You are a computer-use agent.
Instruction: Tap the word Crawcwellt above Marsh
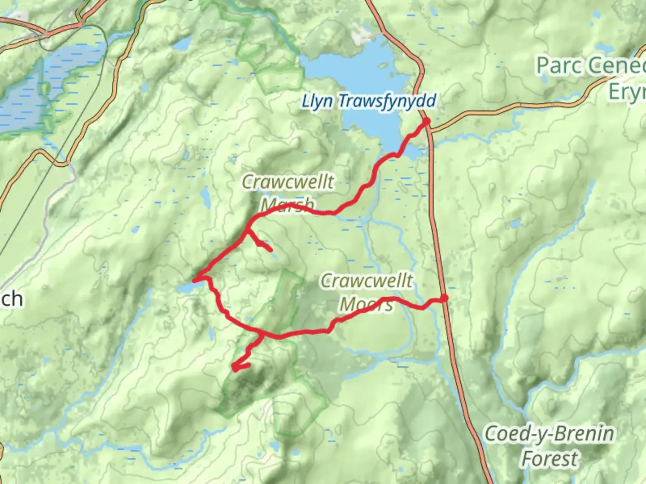288,182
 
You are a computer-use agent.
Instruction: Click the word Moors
367,304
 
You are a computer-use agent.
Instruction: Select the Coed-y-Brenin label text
550,434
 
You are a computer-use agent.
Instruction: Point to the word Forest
550,459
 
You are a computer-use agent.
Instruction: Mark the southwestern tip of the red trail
234,368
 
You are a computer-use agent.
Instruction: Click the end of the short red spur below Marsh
270,250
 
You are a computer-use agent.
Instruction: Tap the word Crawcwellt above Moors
367,281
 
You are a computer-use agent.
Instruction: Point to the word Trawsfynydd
387,101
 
